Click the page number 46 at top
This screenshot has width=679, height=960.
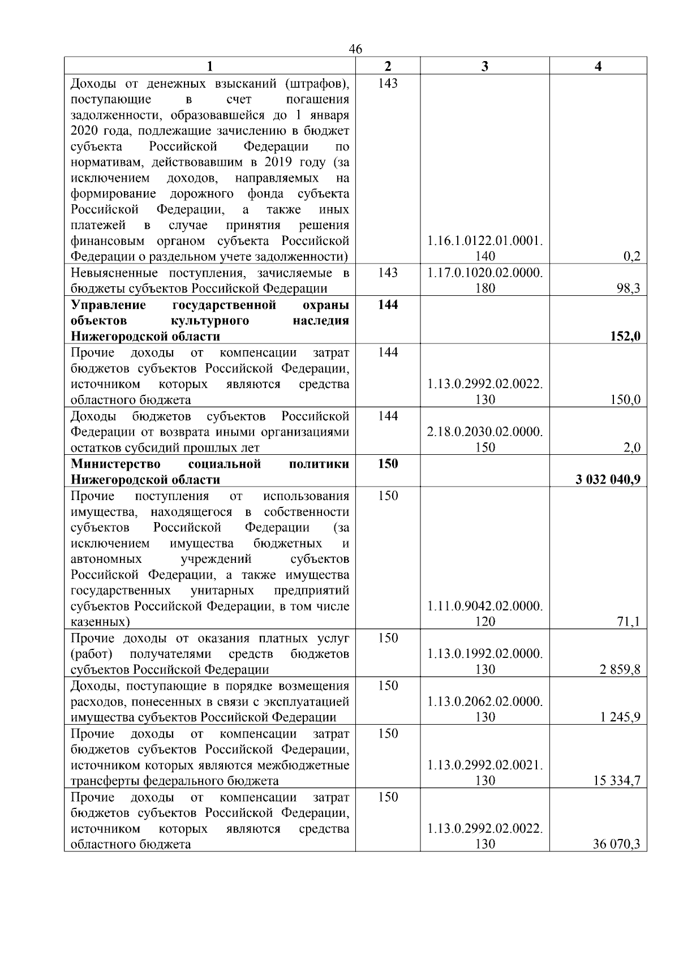[355, 49]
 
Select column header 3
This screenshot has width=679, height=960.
[484, 66]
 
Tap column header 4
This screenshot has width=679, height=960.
[598, 66]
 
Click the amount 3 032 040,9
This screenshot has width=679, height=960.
[608, 480]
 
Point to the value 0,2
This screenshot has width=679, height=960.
[631, 257]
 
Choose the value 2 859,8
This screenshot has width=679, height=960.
[621, 670]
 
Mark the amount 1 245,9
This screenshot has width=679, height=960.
[621, 717]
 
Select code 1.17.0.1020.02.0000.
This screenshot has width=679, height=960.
[485, 273]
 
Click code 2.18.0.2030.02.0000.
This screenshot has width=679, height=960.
[485, 432]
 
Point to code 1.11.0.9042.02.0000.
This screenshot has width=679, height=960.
[485, 606]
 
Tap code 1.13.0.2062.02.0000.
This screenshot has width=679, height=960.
[485, 701]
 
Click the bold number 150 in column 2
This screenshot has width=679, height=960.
[388, 464]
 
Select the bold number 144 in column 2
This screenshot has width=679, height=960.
[388, 305]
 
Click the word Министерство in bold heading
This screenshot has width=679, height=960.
[115, 464]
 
